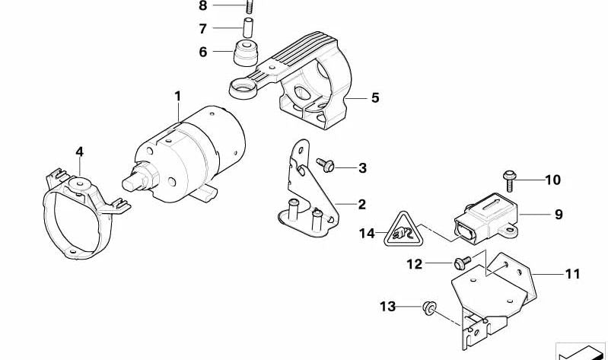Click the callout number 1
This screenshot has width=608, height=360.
click(x=177, y=97)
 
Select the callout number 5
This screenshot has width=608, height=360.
click(x=374, y=98)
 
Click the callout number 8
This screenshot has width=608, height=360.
click(x=202, y=6)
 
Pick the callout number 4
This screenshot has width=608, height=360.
click(x=79, y=151)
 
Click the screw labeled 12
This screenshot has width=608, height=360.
click(x=460, y=263)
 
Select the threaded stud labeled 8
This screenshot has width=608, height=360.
click(x=249, y=8)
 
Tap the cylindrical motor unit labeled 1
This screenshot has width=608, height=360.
click(x=198, y=156)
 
